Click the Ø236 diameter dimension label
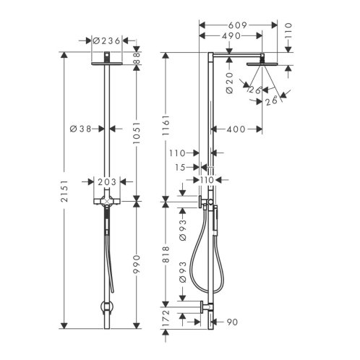pos(106,41)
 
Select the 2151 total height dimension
pos(64,191)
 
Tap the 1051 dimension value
pos(137,132)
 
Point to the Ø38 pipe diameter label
pos(81,129)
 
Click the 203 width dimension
pos(107,182)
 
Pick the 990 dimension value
pos(137,264)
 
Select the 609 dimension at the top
pos(238,25)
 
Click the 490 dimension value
pos(231,36)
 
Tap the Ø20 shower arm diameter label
pos(230,82)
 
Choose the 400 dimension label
pos(236,129)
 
